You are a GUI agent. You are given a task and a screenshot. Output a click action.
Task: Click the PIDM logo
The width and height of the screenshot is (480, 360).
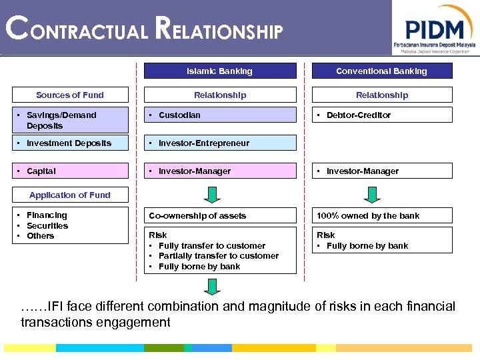click(x=435, y=30)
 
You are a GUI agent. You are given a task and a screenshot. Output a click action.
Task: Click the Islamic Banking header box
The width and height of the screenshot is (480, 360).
click(x=219, y=71)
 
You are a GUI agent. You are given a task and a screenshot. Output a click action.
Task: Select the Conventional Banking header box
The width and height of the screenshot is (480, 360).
click(x=381, y=71)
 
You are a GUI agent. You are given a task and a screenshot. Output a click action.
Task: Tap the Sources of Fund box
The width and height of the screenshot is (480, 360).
click(x=70, y=95)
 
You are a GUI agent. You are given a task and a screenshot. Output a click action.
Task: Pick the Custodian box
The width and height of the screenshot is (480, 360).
click(x=219, y=115)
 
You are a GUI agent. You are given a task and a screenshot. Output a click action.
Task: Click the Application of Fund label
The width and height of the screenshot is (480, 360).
click(x=70, y=195)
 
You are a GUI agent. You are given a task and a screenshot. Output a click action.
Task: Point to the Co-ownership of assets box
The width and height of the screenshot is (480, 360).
click(x=219, y=215)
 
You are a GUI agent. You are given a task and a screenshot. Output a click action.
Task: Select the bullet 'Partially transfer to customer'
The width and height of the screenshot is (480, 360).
click(x=219, y=256)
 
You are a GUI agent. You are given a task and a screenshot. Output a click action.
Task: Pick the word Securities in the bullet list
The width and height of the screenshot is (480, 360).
click(x=47, y=225)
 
